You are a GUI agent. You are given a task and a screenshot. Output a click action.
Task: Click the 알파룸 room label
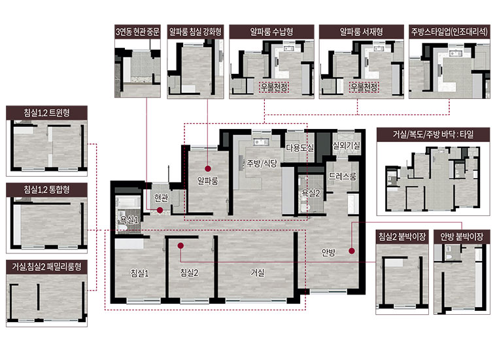(x=207, y=181)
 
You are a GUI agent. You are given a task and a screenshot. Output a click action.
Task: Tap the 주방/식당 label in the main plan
(x=262, y=164)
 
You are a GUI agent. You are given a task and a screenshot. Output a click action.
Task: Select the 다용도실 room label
(x=300, y=147)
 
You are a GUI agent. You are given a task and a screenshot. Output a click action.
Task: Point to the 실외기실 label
(x=346, y=145)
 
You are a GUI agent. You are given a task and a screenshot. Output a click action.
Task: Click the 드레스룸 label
(x=342, y=176)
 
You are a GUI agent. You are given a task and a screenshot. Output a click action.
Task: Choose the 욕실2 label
(x=311, y=194)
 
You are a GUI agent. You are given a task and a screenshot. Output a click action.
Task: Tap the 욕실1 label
(x=129, y=220)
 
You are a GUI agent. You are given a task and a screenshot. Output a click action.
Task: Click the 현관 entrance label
(x=161, y=198)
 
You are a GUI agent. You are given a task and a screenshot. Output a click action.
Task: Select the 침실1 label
(x=139, y=273)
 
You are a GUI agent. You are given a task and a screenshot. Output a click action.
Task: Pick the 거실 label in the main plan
(x=258, y=272)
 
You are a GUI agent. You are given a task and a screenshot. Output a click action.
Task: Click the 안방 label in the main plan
(x=328, y=253)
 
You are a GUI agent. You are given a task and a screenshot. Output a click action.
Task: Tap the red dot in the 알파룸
(x=207, y=169)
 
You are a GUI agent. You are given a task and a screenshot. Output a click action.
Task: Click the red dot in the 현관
(x=160, y=210)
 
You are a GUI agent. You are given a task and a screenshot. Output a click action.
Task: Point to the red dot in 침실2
(x=180, y=245)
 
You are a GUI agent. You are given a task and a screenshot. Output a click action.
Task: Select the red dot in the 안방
(x=352, y=251)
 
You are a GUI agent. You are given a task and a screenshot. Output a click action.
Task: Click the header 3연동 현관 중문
(x=137, y=31)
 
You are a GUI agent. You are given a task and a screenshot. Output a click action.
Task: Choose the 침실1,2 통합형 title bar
(x=46, y=190)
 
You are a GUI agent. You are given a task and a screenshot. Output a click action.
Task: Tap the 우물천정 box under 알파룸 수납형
(x=274, y=87)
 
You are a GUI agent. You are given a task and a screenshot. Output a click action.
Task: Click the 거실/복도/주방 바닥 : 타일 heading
(x=433, y=134)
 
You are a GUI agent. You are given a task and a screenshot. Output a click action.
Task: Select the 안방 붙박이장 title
(x=462, y=236)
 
